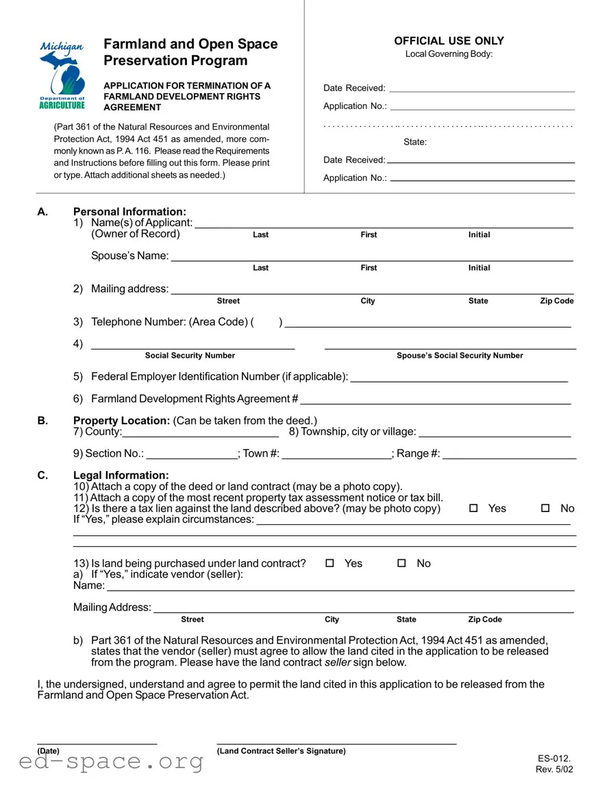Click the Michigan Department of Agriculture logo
tap(62, 75)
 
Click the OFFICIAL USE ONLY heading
tap(449, 41)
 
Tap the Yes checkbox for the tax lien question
tap(473, 508)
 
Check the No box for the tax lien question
tap(545, 508)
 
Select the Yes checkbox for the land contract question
tap(329, 563)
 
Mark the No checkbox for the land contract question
tap(401, 563)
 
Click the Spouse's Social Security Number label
tap(460, 356)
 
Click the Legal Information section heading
tap(121, 475)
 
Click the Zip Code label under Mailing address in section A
tap(557, 301)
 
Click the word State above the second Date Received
tap(415, 142)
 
